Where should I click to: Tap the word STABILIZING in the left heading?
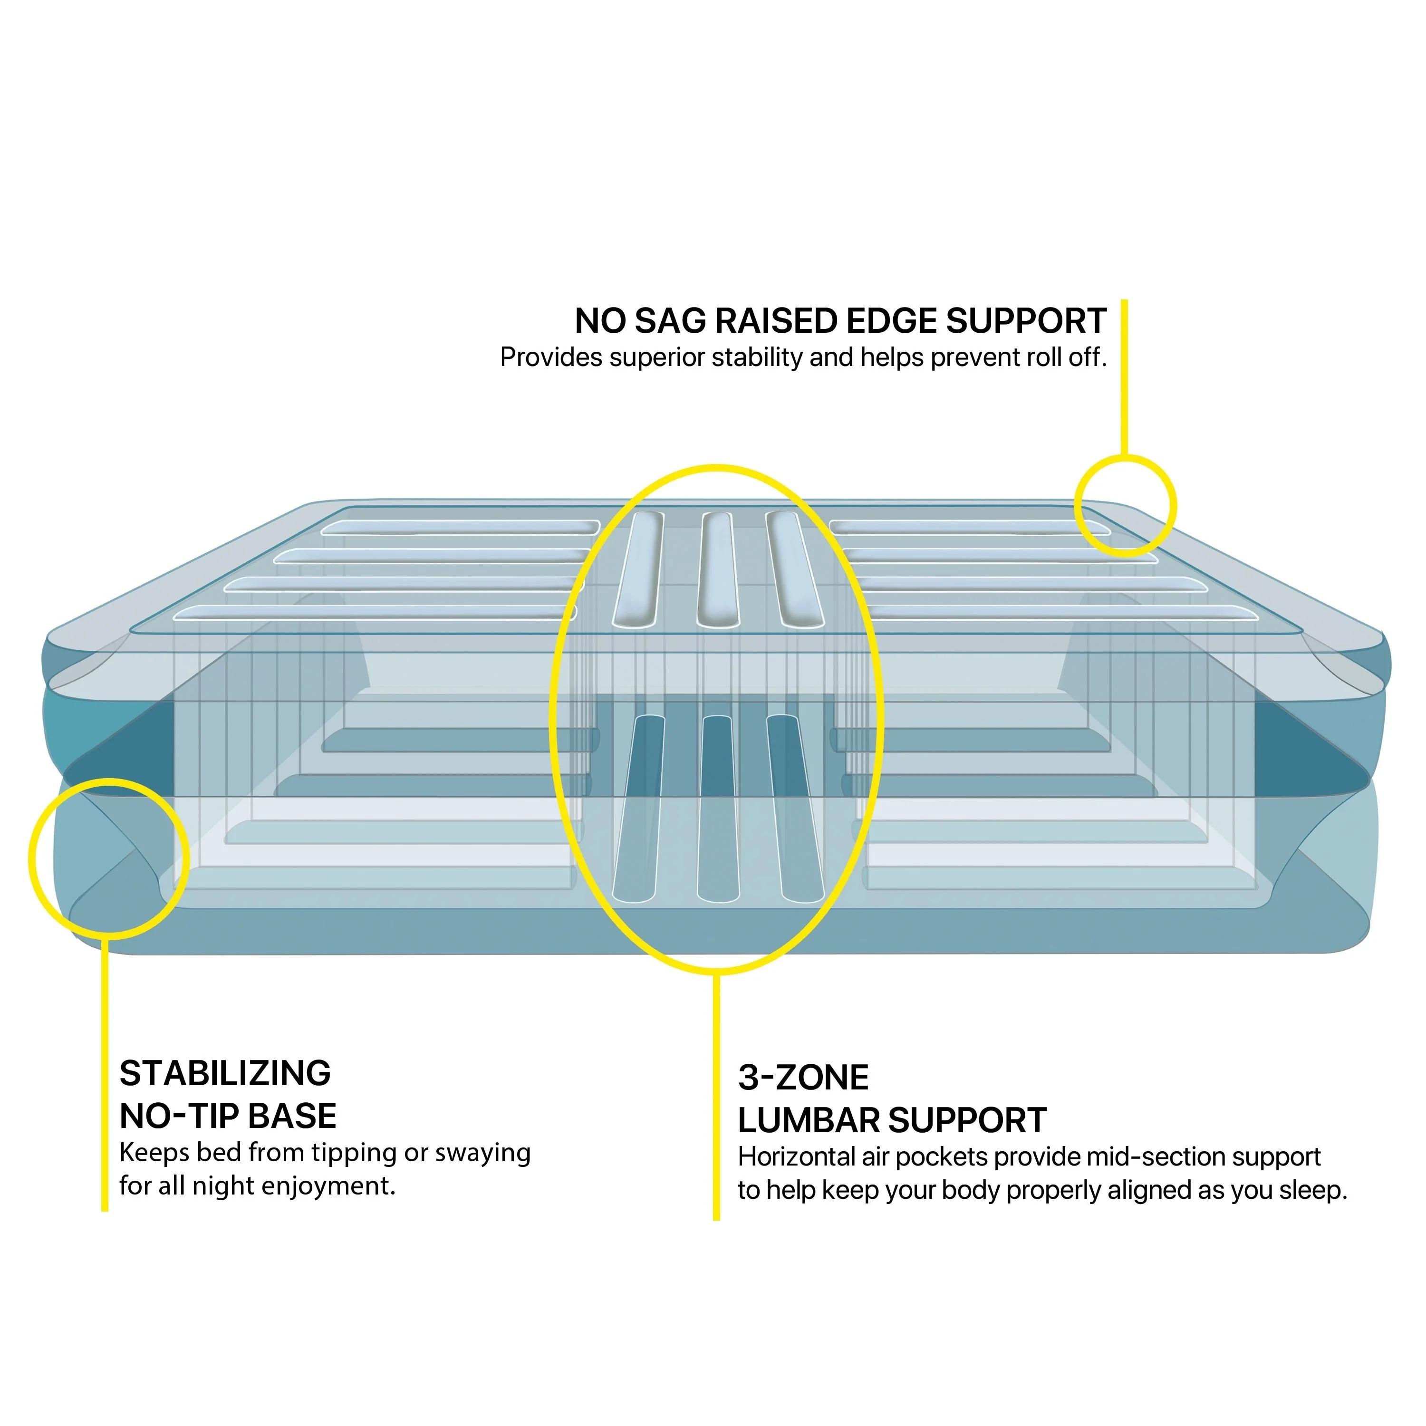point(225,1073)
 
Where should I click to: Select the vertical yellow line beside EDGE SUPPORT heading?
point(1124,376)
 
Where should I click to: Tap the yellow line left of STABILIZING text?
point(105,1078)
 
